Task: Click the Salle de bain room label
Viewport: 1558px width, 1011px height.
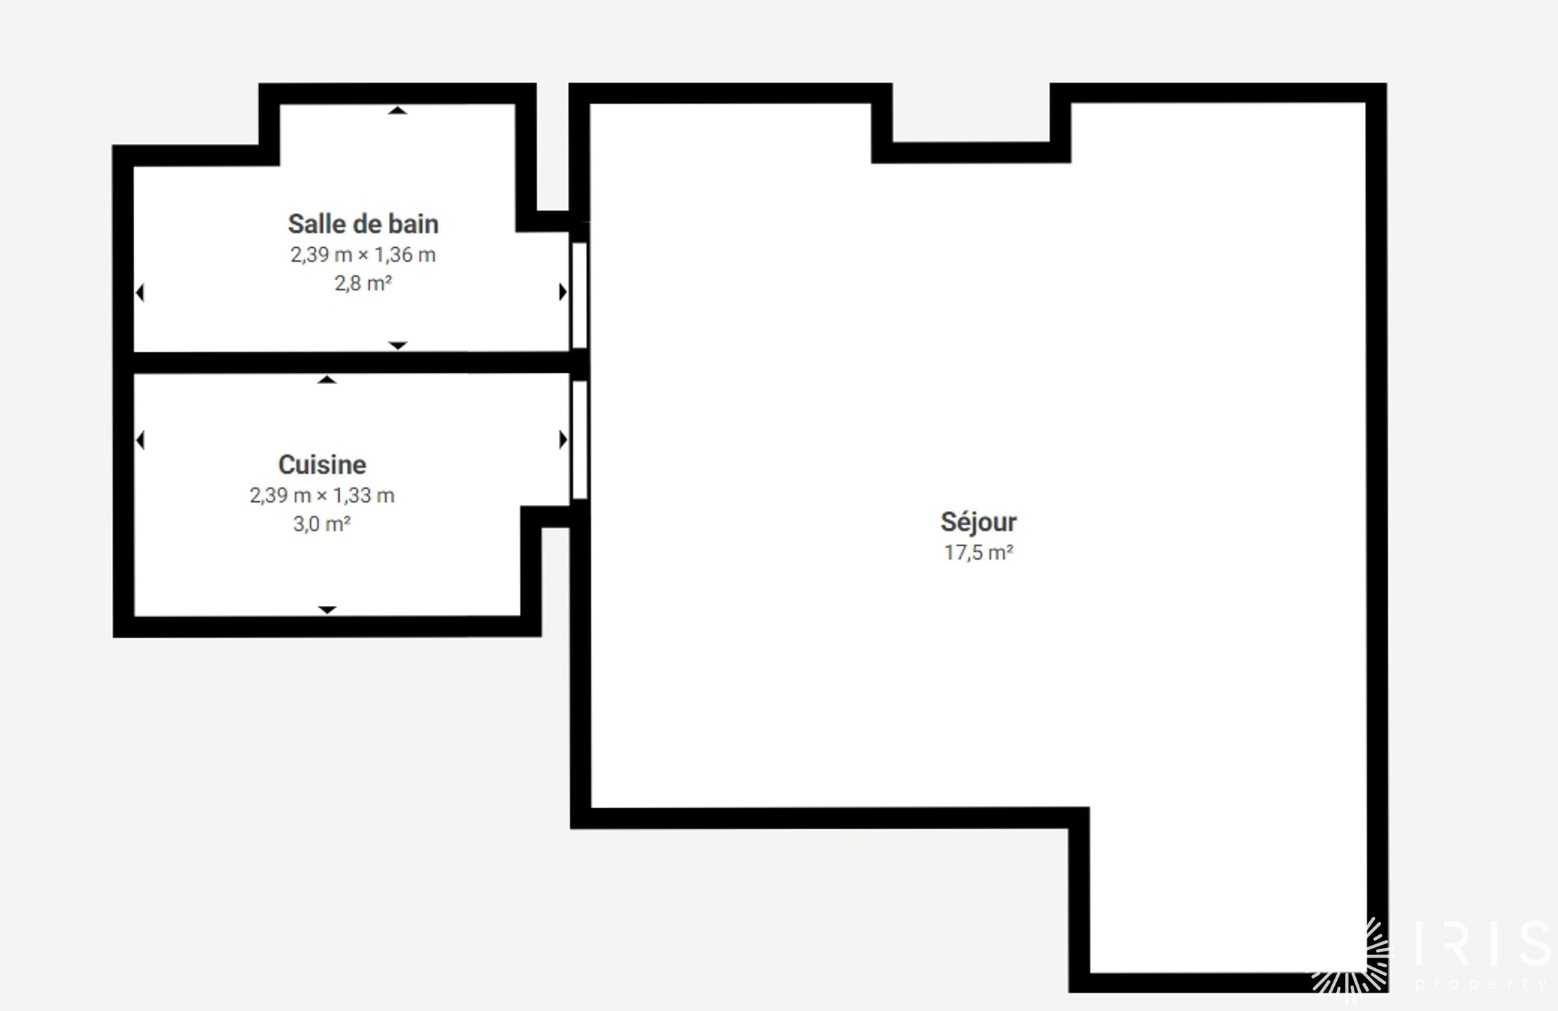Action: (363, 224)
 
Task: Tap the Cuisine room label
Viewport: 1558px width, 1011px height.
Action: (322, 465)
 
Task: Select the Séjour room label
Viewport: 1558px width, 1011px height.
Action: (978, 522)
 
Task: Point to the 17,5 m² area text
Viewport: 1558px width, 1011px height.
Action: (978, 553)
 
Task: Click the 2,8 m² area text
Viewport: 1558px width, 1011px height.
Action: (363, 283)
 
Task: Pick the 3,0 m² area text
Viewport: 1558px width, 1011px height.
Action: (322, 524)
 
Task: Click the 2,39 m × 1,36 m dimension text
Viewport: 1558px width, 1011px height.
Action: (363, 254)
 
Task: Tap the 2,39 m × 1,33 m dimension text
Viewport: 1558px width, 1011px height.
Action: (322, 495)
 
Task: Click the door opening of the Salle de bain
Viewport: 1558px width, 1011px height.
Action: (579, 295)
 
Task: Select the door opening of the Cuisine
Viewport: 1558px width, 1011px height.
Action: (580, 440)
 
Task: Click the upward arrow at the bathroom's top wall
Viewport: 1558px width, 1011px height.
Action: (398, 110)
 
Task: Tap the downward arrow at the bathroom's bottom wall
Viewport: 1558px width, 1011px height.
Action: (398, 345)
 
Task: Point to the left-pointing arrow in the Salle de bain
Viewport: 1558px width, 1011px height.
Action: (140, 292)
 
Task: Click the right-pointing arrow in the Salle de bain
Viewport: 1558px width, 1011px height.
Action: (563, 291)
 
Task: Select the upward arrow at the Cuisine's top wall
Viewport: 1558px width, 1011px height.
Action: (327, 380)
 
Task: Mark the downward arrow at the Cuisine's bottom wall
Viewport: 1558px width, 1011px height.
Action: (327, 609)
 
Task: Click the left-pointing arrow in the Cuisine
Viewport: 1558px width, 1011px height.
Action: (140, 440)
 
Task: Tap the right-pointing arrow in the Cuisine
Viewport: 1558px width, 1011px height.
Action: (563, 440)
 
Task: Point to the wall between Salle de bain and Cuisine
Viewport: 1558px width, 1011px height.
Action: (351, 362)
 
